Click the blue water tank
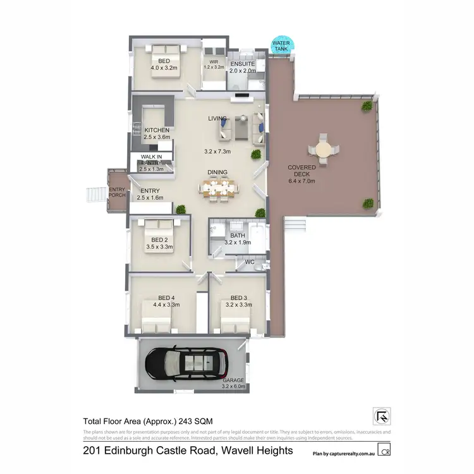pyautogui.click(x=279, y=45)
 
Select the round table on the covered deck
pyautogui.click(x=323, y=150)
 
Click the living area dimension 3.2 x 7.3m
pyautogui.click(x=217, y=152)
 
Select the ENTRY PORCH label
pyautogui.click(x=117, y=192)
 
